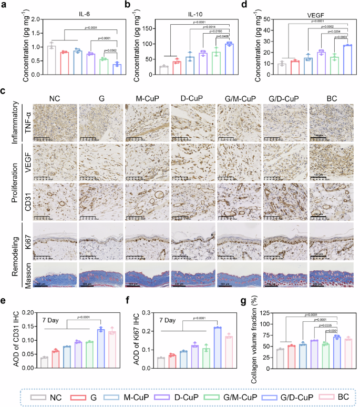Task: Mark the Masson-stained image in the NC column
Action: point(55,273)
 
